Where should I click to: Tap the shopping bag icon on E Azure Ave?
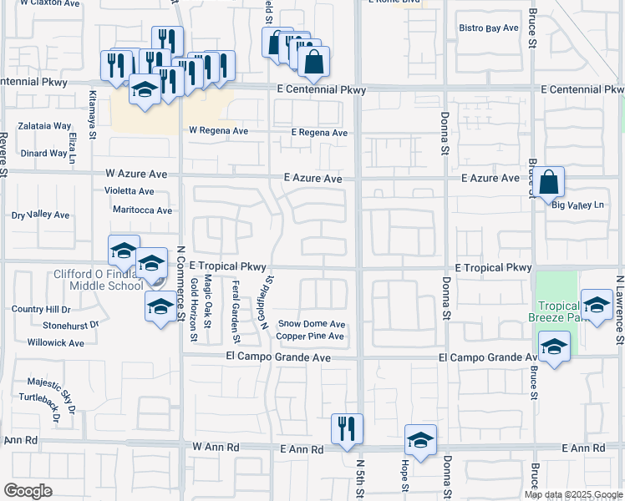[551, 182]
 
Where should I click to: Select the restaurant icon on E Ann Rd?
[348, 430]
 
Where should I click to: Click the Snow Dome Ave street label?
[312, 324]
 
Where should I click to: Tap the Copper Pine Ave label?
[310, 337]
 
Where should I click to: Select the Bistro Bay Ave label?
[489, 28]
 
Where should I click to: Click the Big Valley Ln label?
[577, 205]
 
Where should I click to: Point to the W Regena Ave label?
[218, 131]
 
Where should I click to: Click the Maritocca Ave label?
[142, 210]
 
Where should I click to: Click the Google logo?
[28, 490]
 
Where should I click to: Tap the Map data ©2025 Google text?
[572, 494]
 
